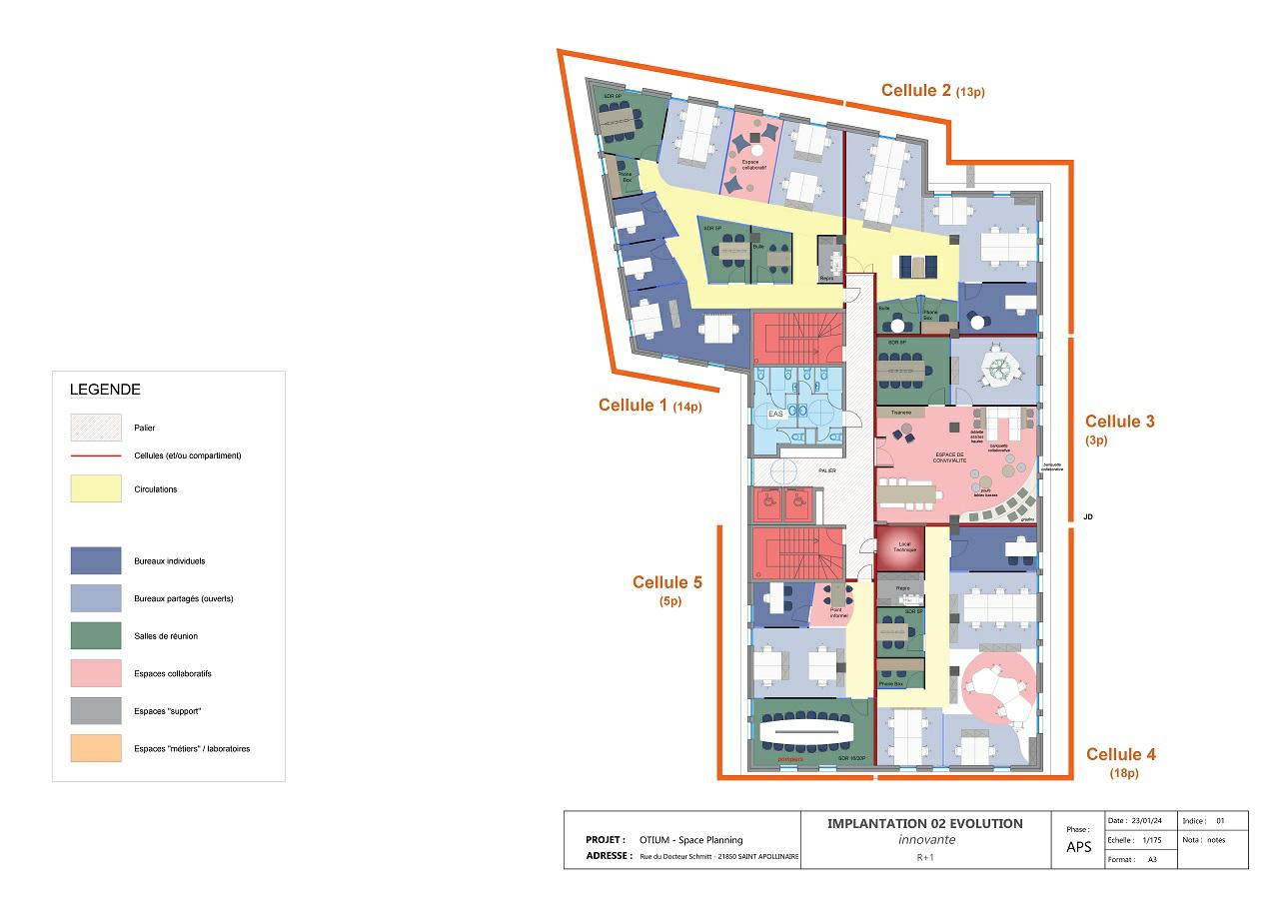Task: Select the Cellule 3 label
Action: tap(1119, 422)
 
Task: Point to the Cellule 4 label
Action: tap(1120, 754)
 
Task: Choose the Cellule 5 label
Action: tap(666, 582)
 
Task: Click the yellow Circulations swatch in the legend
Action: tap(96, 489)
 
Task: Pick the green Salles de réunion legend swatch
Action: tap(96, 636)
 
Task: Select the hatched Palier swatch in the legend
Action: tap(96, 428)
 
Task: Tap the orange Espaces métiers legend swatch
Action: tap(96, 748)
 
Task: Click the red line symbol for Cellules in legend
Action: tap(96, 455)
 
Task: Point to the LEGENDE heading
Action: tap(105, 390)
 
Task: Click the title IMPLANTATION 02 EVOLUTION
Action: tap(924, 824)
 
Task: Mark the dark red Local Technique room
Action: tap(898, 548)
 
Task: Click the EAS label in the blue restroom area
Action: tap(774, 414)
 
